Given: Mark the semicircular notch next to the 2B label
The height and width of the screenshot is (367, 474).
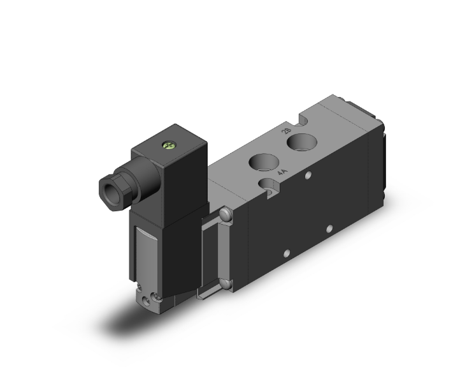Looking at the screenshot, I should (303, 119).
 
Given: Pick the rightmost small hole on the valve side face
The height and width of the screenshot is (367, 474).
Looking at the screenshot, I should (329, 228).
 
